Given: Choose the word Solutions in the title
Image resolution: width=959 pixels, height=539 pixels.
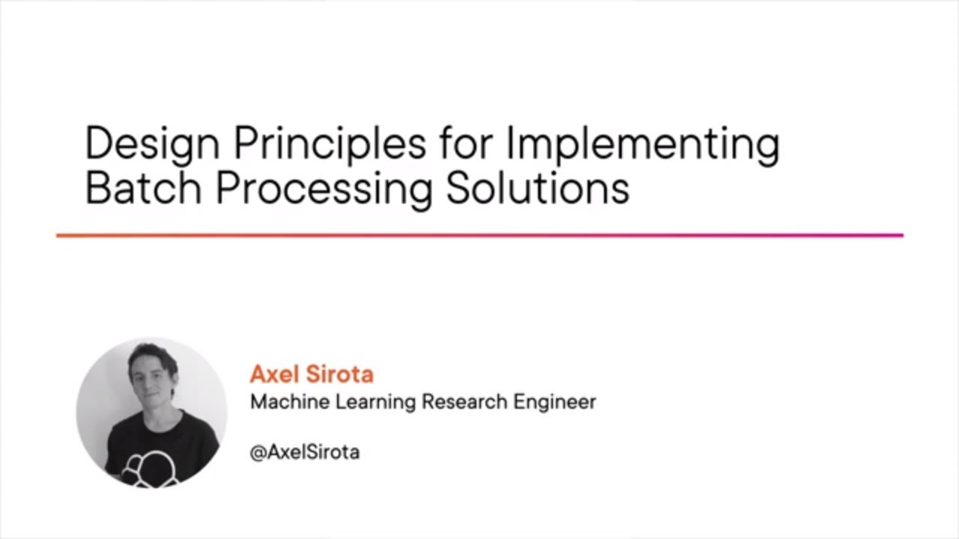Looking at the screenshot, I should click(x=537, y=188).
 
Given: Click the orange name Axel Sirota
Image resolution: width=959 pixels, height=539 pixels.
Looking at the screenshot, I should click(x=311, y=374).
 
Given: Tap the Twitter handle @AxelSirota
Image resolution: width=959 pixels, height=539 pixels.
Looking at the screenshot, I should click(x=304, y=452).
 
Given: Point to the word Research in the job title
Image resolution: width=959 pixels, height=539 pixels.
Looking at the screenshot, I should click(x=465, y=402).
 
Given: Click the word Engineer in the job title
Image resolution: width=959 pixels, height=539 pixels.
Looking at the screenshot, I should click(x=554, y=403).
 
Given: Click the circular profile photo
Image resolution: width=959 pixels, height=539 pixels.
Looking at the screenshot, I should click(x=151, y=412).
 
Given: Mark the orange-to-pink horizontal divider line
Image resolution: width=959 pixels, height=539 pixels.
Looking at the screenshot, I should click(x=479, y=235).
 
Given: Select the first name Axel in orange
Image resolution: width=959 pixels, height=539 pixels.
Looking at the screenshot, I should click(x=273, y=374).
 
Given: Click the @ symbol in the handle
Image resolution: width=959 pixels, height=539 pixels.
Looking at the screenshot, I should click(x=256, y=453).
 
